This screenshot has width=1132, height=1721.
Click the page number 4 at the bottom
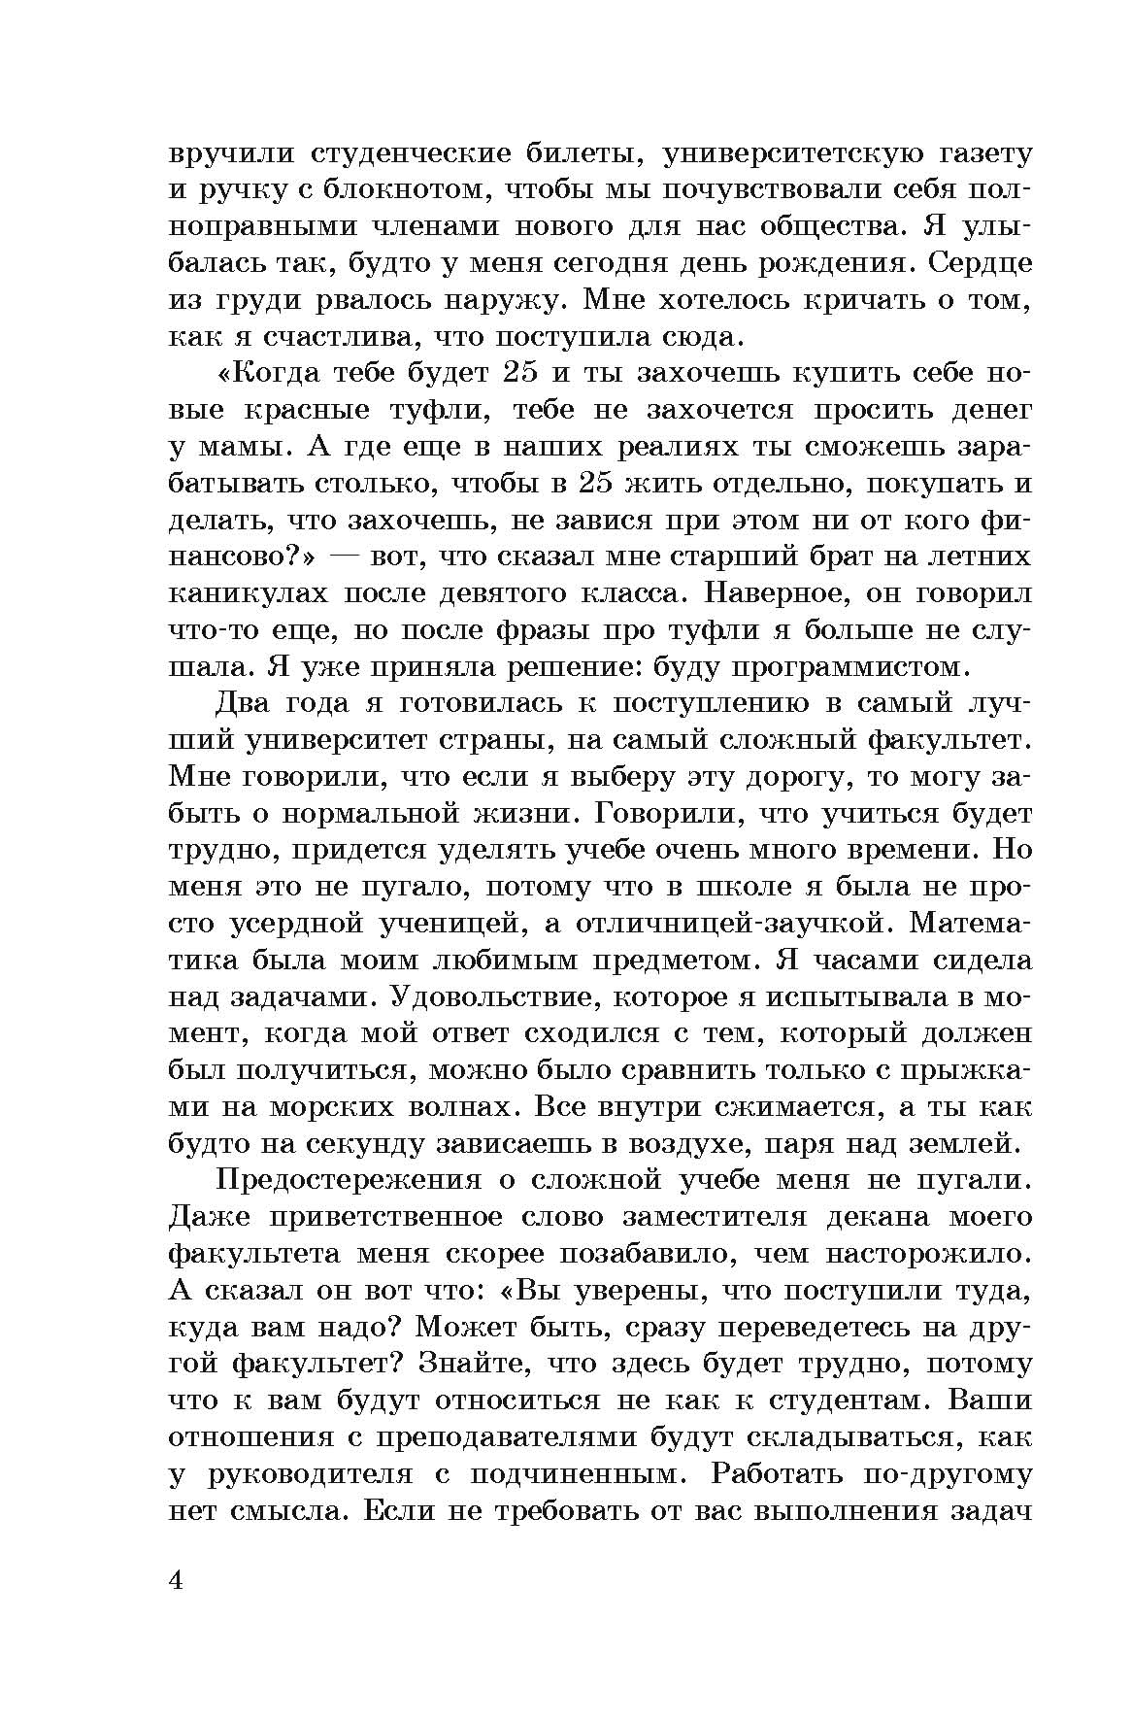pos(177,1580)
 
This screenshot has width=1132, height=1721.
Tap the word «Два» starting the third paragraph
pos(243,703)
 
